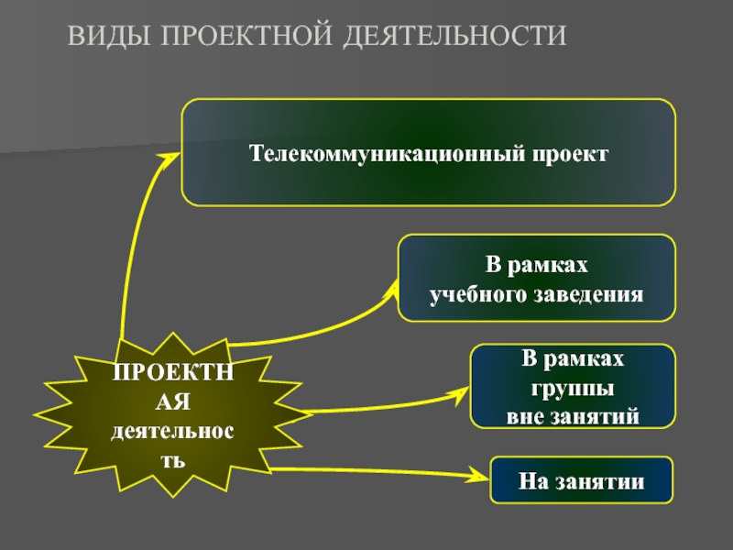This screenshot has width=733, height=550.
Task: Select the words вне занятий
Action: coord(574,415)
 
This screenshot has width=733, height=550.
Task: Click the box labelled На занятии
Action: coord(582,480)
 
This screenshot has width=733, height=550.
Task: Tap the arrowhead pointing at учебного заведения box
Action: coord(390,289)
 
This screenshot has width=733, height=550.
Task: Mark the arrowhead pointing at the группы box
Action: coord(460,396)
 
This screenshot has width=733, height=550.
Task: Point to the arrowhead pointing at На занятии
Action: coord(483,477)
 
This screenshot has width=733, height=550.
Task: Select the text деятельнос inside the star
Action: coord(172,430)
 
